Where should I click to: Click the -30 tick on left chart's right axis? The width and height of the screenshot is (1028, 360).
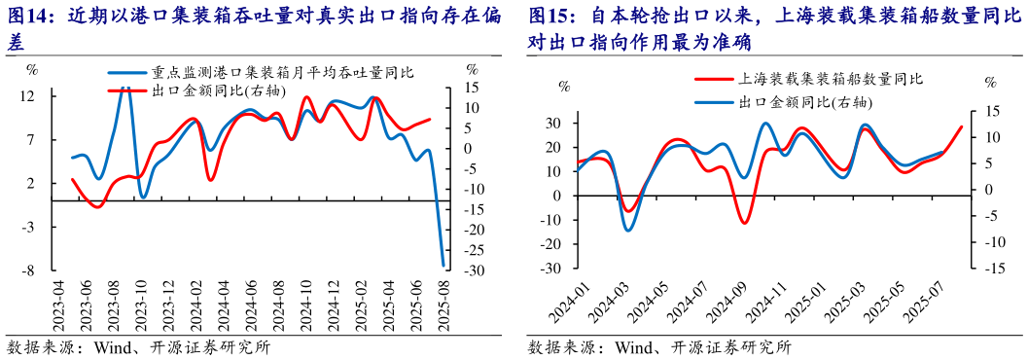473,270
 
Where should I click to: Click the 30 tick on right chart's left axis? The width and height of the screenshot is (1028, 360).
552,123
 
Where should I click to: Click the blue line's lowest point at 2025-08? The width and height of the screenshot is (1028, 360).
443,265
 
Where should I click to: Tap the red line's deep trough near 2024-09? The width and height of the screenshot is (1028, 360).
745,224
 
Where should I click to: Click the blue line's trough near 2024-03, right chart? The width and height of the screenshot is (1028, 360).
627,231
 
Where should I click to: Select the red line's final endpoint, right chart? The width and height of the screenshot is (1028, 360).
962,127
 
